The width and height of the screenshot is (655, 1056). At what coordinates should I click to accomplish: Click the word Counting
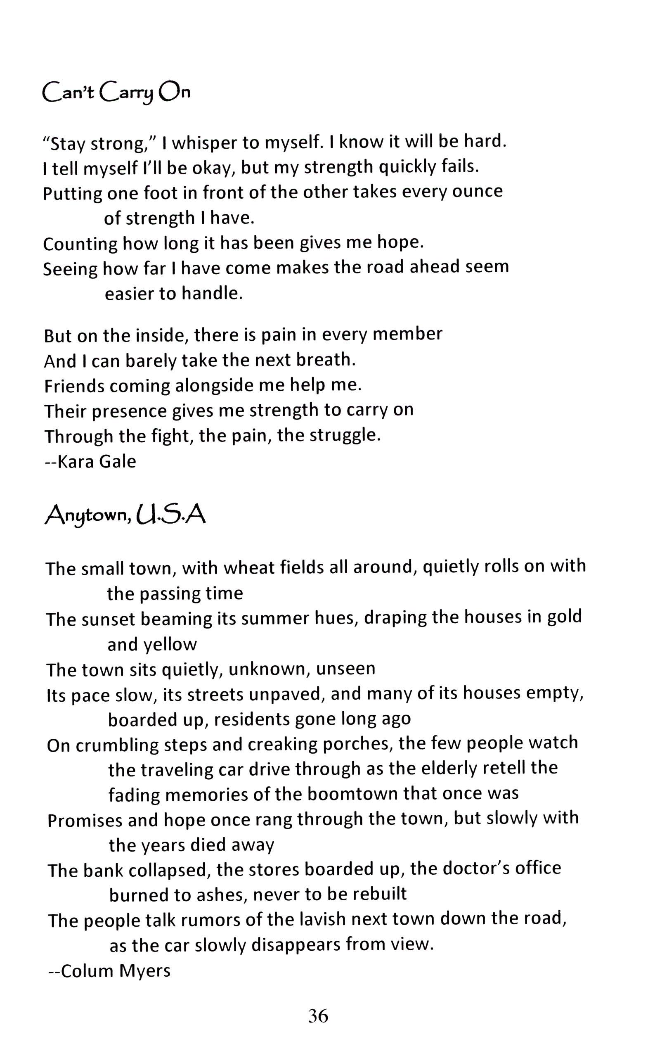point(80,244)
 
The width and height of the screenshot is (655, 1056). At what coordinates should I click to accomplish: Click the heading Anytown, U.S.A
point(125,515)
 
